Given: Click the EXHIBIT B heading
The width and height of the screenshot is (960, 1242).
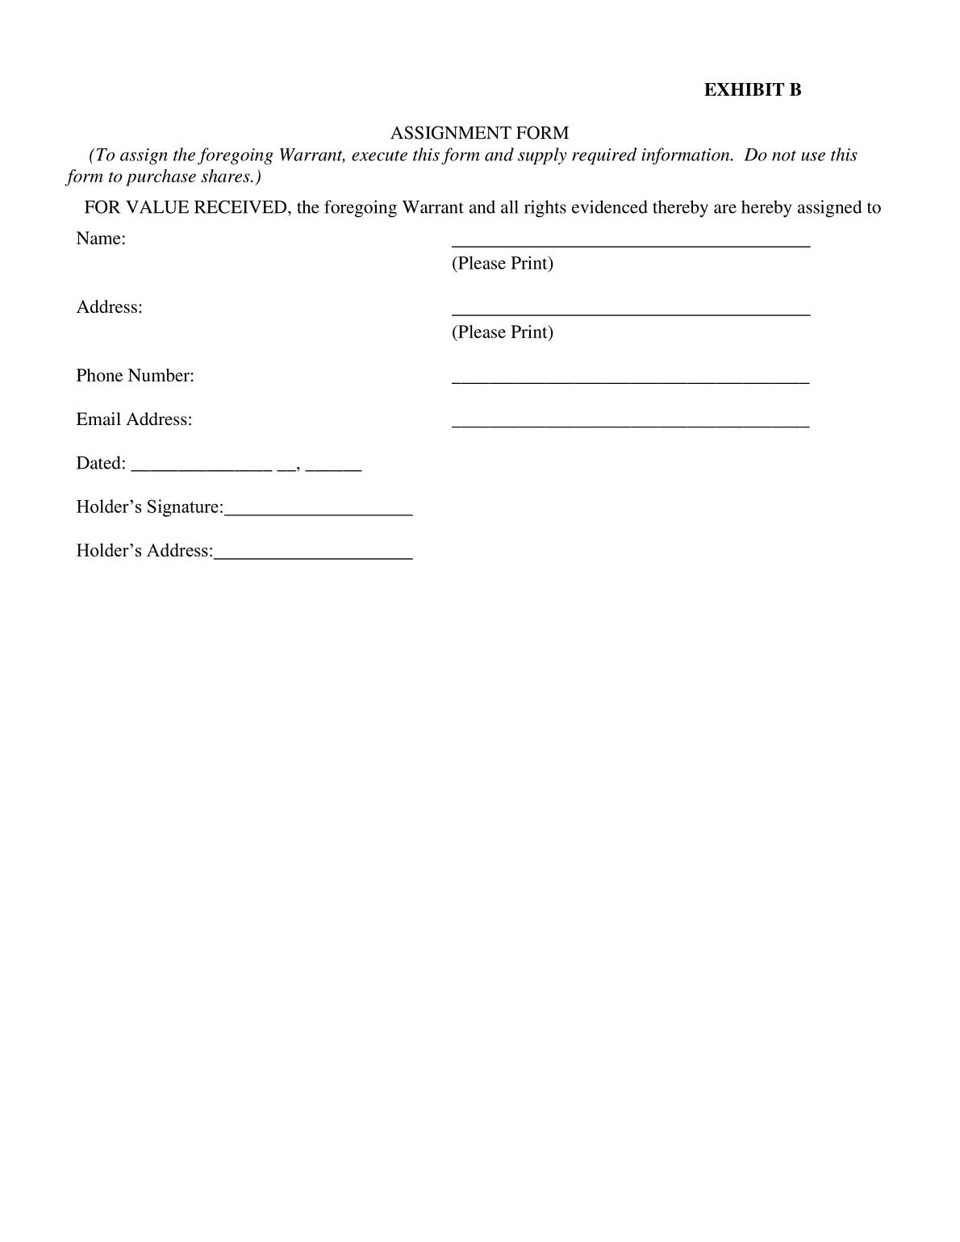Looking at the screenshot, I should tap(752, 90).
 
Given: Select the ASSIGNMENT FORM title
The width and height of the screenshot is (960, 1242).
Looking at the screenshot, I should tap(479, 133).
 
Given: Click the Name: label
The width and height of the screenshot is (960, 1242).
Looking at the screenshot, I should tap(101, 239).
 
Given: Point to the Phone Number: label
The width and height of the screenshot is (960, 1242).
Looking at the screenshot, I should tap(135, 376).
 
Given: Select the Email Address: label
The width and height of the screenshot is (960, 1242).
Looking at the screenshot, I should tap(134, 419).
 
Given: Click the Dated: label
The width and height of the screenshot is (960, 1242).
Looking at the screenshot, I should tap(101, 463).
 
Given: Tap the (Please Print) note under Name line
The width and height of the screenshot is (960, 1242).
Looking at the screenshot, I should tap(502, 264).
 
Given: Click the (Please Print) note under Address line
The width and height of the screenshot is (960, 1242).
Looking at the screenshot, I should tap(502, 332).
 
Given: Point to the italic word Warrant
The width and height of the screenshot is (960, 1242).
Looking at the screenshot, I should tap(311, 155).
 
